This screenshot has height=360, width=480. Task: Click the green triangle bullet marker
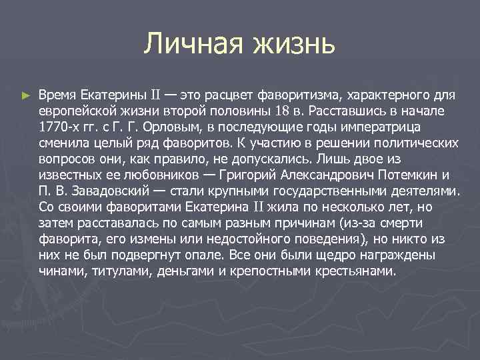click(25, 95)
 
